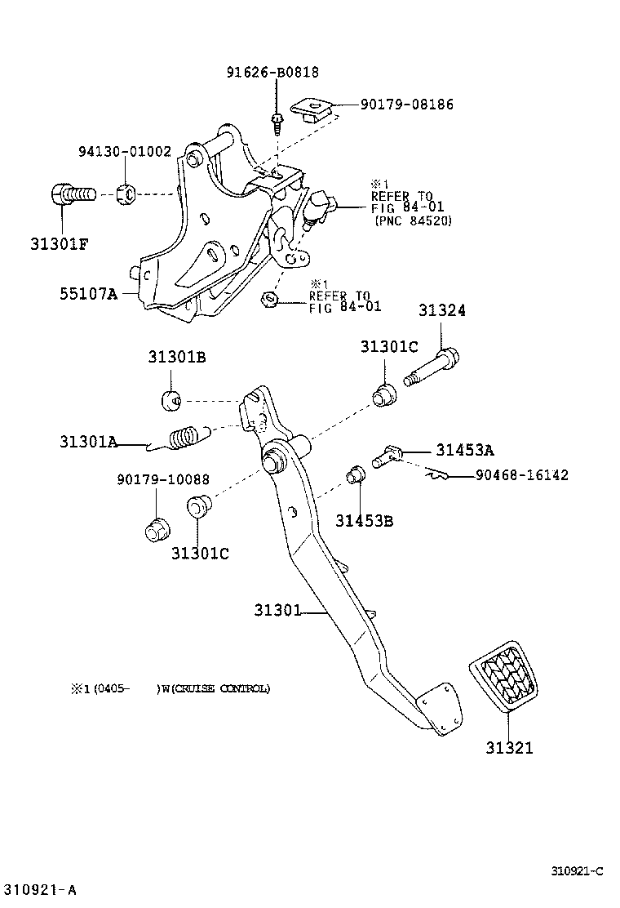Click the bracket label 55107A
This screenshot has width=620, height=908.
pyautogui.click(x=87, y=292)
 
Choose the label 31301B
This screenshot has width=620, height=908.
pyautogui.click(x=176, y=357)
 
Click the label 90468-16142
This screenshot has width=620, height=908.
pyautogui.click(x=522, y=475)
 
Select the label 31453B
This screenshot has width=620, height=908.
pyautogui.click(x=364, y=520)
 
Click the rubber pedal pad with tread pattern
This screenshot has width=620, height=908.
pyautogui.click(x=504, y=674)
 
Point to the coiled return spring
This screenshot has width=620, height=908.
pyautogui.click(x=187, y=438)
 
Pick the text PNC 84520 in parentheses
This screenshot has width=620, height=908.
pyautogui.click(x=413, y=220)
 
